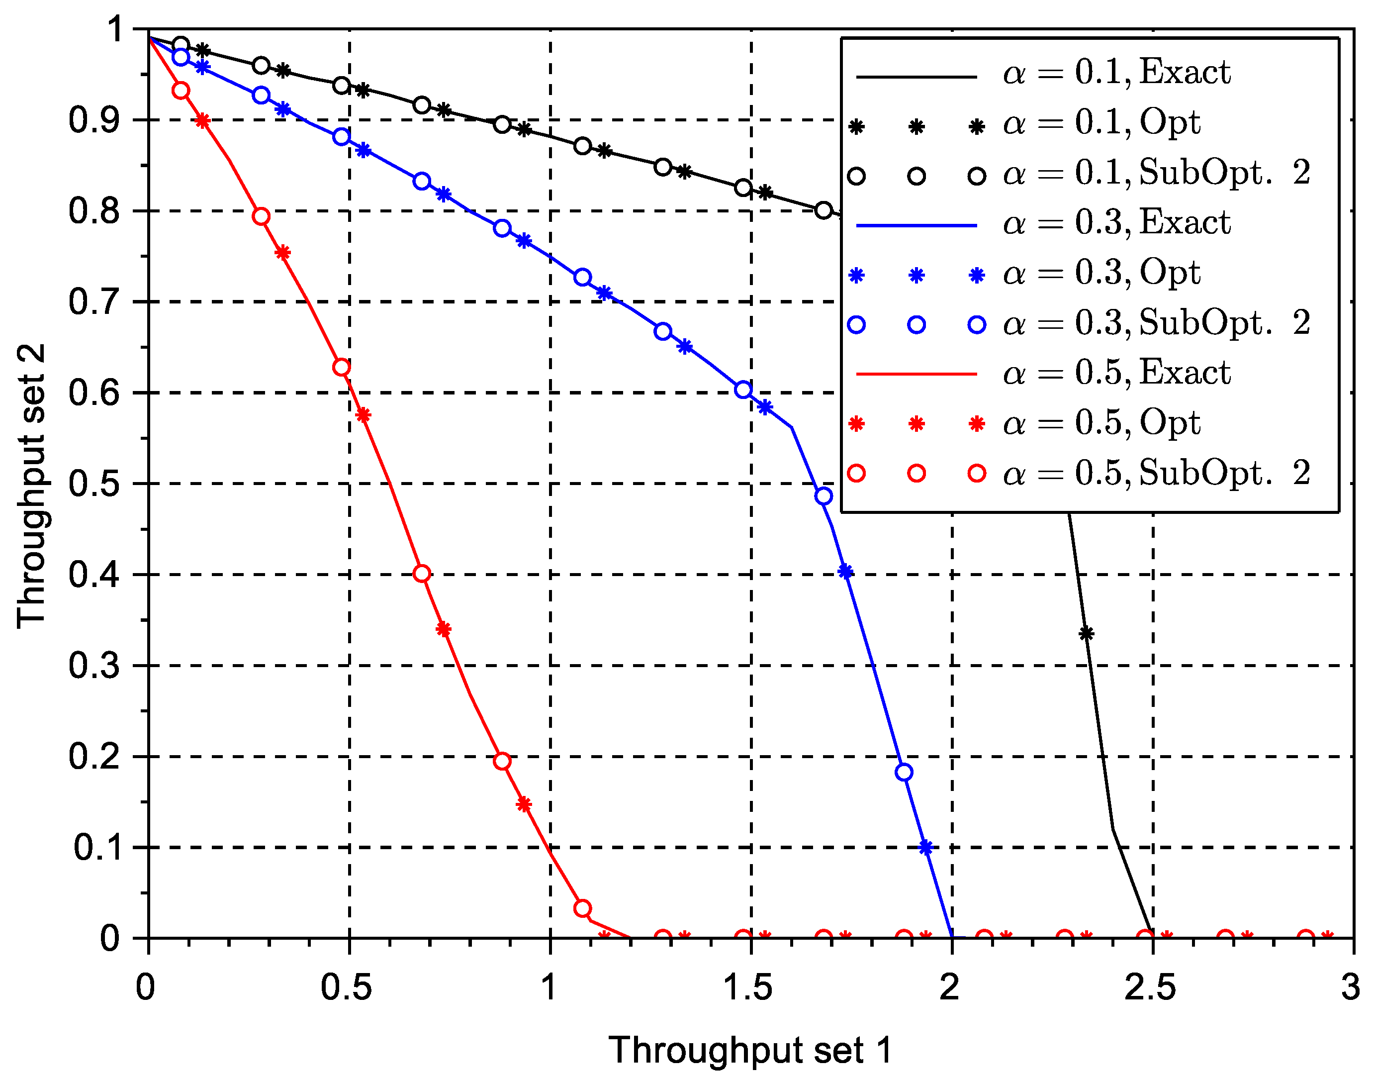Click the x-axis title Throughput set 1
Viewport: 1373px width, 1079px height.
pos(750,1051)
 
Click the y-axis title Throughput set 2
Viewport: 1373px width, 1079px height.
pos(32,486)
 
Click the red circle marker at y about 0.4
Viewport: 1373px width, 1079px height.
pos(422,574)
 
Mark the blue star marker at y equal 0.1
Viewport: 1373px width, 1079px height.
pos(925,847)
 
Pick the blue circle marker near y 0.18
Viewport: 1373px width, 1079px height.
pos(904,772)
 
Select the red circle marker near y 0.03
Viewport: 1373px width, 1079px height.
pos(582,908)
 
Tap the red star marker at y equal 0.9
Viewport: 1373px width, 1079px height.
pos(202,120)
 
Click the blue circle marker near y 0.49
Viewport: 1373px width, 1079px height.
pos(823,496)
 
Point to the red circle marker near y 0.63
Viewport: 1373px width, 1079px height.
pos(342,367)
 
